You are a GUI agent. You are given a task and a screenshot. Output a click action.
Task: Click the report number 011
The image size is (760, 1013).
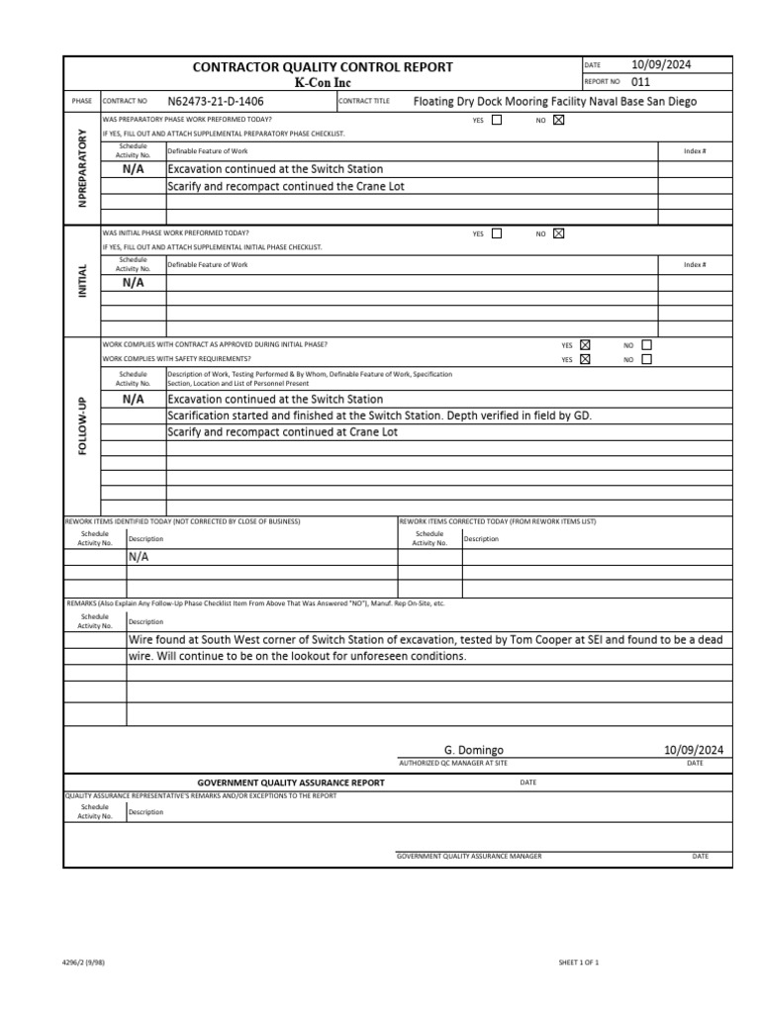click(x=640, y=82)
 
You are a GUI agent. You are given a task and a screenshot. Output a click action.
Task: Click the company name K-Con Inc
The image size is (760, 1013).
click(x=323, y=83)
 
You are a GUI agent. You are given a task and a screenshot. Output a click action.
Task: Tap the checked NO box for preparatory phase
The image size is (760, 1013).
click(x=558, y=121)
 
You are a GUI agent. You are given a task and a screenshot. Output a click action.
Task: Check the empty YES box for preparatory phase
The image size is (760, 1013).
click(x=497, y=121)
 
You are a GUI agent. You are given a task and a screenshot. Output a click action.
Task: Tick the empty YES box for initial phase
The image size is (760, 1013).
click(x=497, y=233)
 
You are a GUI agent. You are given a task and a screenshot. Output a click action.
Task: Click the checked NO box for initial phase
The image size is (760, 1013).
click(x=558, y=233)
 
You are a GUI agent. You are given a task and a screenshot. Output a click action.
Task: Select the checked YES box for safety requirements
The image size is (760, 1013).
click(x=585, y=359)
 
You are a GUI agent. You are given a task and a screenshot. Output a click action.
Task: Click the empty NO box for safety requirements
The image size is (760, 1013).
click(x=647, y=359)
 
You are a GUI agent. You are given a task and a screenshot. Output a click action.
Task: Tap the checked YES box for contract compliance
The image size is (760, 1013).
click(x=585, y=344)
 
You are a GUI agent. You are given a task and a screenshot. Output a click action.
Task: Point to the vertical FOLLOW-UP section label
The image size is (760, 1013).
click(x=82, y=425)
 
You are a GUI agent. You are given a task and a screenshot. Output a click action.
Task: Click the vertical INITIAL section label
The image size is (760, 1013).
click(x=82, y=281)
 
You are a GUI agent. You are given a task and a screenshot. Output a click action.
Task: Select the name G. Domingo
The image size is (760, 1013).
click(x=473, y=751)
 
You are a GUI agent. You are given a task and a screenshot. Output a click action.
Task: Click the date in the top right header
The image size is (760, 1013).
click(x=661, y=64)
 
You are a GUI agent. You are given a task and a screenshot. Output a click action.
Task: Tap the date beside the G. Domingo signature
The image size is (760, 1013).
click(x=694, y=751)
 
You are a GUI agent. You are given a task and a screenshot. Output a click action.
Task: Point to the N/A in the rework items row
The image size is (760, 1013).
click(x=139, y=557)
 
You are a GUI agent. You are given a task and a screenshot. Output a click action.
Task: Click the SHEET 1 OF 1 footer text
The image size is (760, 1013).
click(x=579, y=962)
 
